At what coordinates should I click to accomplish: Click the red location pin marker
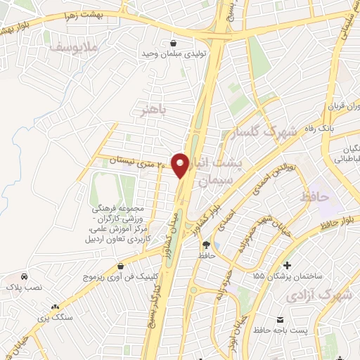click(181, 165)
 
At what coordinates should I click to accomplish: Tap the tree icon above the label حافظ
click(207, 245)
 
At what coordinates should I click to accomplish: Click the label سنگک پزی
click(56, 317)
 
